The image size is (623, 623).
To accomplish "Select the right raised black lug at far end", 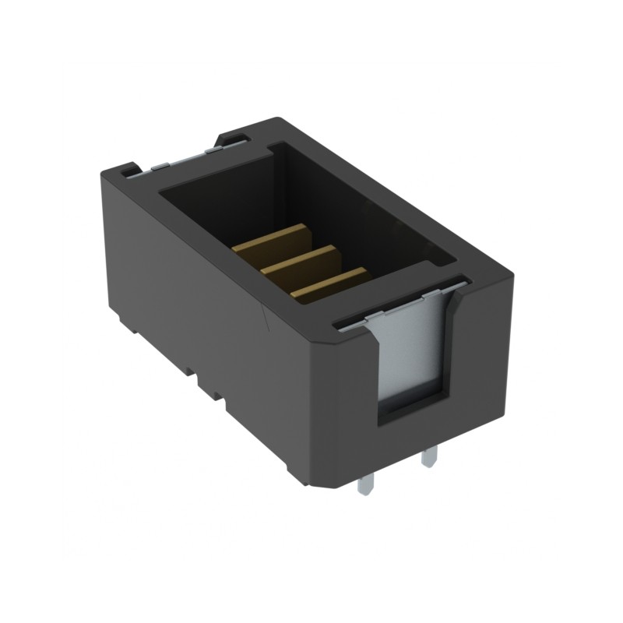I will [x=232, y=139].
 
